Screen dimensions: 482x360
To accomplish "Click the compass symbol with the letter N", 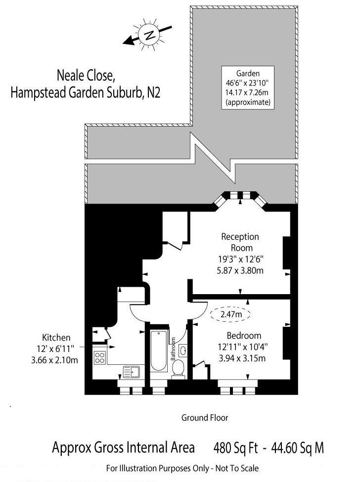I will tap(149, 35).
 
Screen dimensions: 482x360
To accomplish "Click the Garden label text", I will tap(248, 73).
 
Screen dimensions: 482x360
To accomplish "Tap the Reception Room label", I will tap(240, 242).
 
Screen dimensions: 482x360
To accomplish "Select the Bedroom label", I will tap(244, 335).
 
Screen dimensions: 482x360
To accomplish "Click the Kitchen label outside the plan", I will tap(56, 338).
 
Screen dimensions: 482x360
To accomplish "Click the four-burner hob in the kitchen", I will tap(100, 357).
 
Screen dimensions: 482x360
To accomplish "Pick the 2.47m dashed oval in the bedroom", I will tap(231, 314).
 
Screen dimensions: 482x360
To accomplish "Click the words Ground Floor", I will tap(205, 418).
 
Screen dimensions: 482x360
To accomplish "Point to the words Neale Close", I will tap(86, 76).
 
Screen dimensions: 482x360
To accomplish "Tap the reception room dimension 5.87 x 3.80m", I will tap(240, 269).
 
